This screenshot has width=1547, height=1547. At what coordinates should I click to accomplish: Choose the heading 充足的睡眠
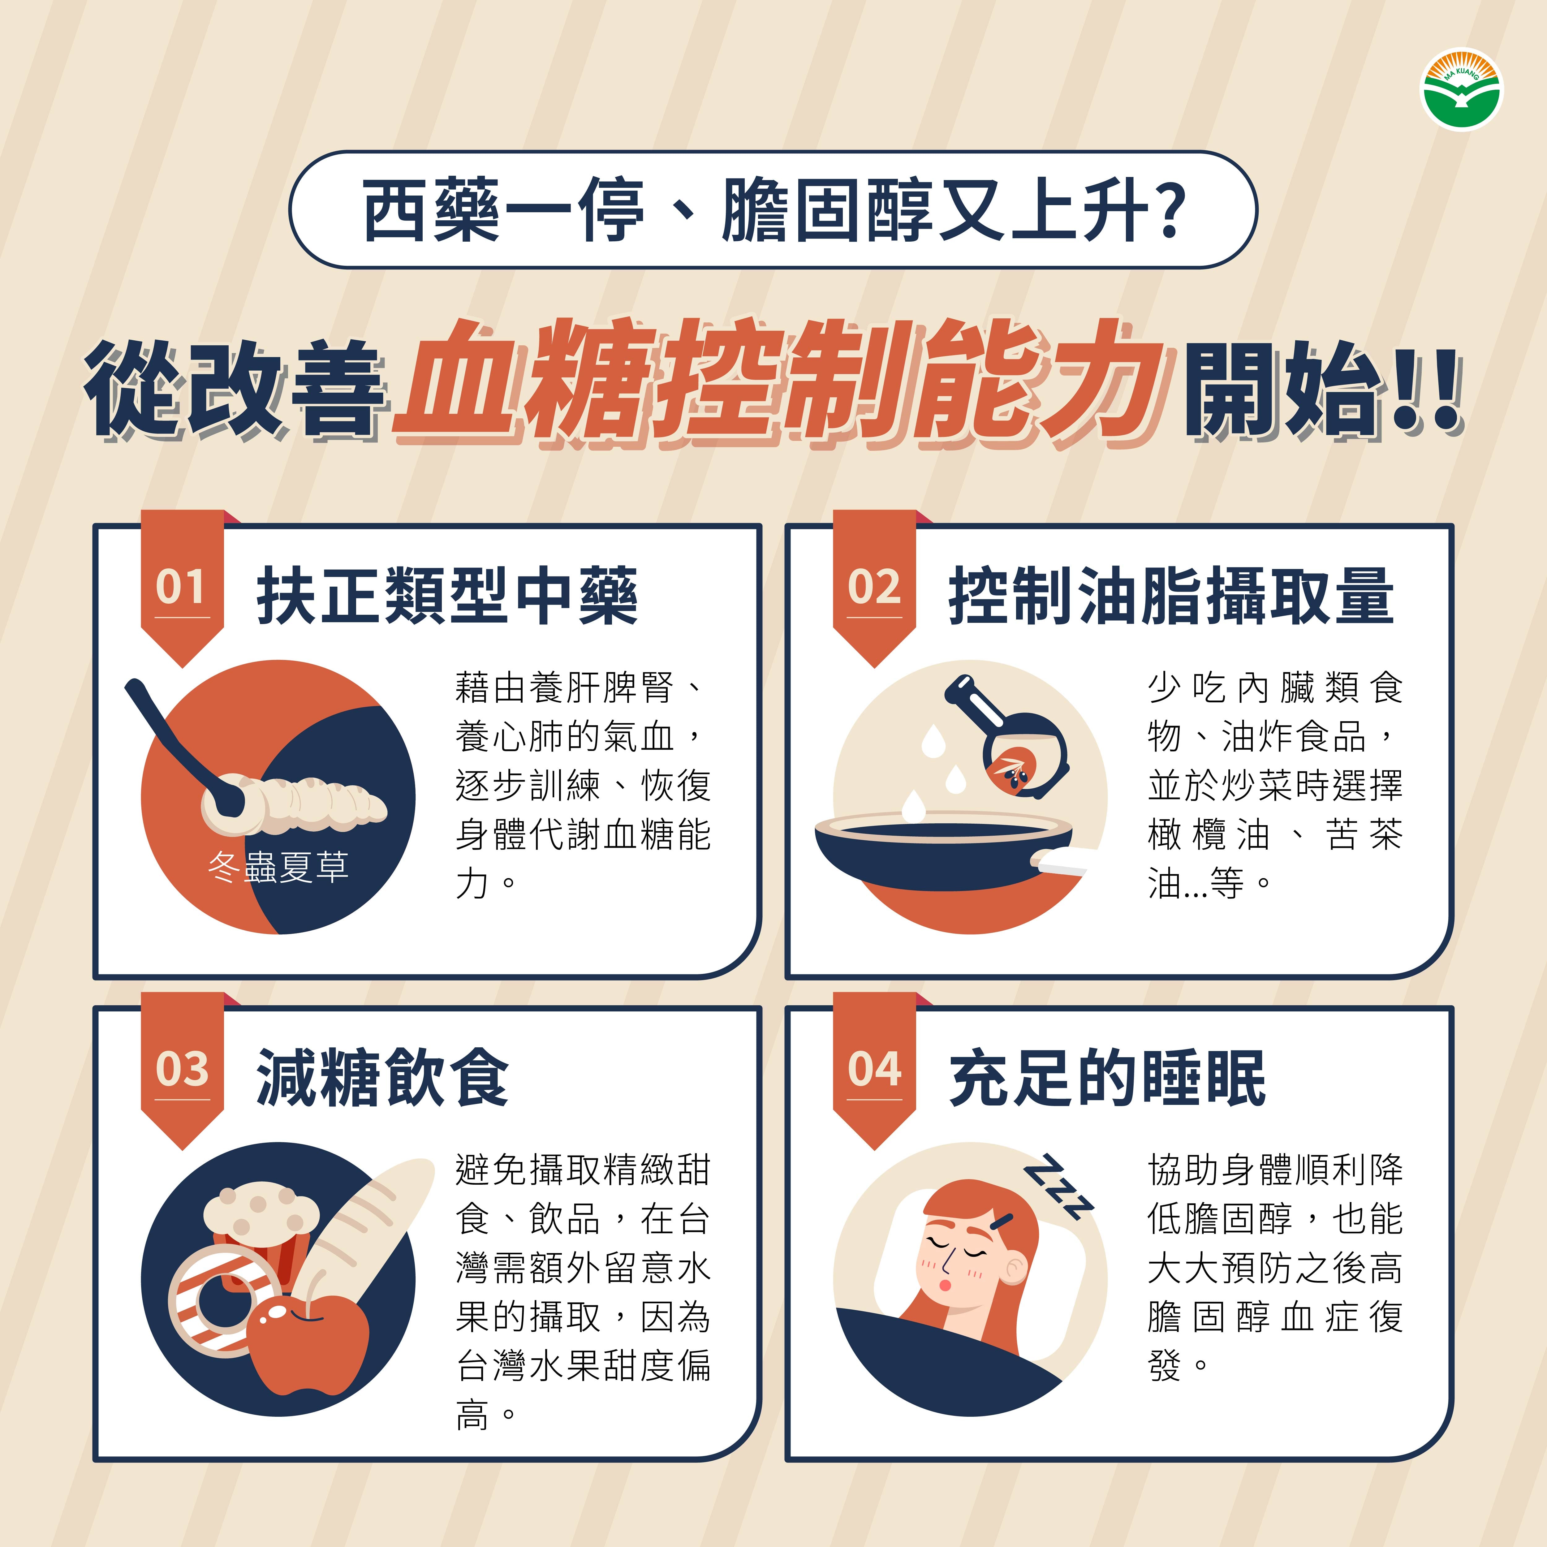1107,1078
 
